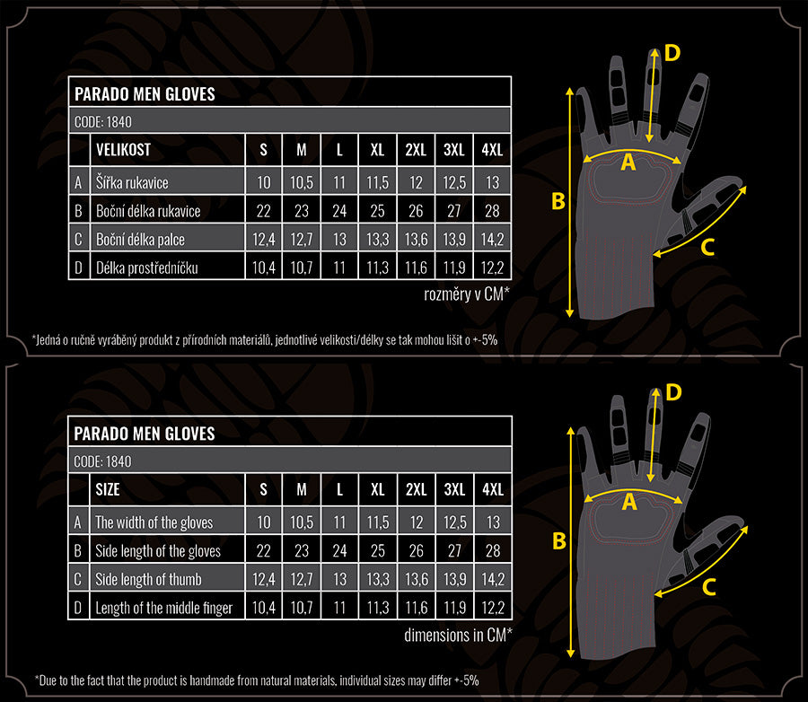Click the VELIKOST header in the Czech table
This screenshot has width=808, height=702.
(x=123, y=150)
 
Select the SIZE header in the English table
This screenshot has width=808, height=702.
(x=108, y=489)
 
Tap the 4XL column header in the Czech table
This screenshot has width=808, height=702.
(x=492, y=150)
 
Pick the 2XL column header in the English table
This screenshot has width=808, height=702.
(x=416, y=489)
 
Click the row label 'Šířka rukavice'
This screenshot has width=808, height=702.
(x=132, y=182)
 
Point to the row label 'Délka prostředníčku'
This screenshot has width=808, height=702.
(x=147, y=268)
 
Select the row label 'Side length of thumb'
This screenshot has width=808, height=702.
(x=148, y=579)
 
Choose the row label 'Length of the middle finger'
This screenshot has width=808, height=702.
(x=164, y=609)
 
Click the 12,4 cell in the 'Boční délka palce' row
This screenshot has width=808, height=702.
(x=263, y=239)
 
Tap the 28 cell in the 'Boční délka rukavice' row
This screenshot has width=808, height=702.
(x=492, y=211)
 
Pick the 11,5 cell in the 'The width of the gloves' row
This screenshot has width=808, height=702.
(x=378, y=522)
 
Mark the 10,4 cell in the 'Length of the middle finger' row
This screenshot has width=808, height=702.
(x=263, y=609)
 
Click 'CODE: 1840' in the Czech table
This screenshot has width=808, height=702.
(x=103, y=122)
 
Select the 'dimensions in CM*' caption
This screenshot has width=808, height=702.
(x=458, y=635)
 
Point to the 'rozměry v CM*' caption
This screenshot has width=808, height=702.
(x=467, y=294)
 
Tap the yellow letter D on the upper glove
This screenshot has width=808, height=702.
(x=672, y=53)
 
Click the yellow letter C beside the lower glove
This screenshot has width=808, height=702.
(x=709, y=587)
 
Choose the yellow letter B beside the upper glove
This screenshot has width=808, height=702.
(x=558, y=201)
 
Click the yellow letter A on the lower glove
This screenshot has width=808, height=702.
(x=629, y=502)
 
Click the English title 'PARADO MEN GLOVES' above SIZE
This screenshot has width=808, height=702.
(x=145, y=434)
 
